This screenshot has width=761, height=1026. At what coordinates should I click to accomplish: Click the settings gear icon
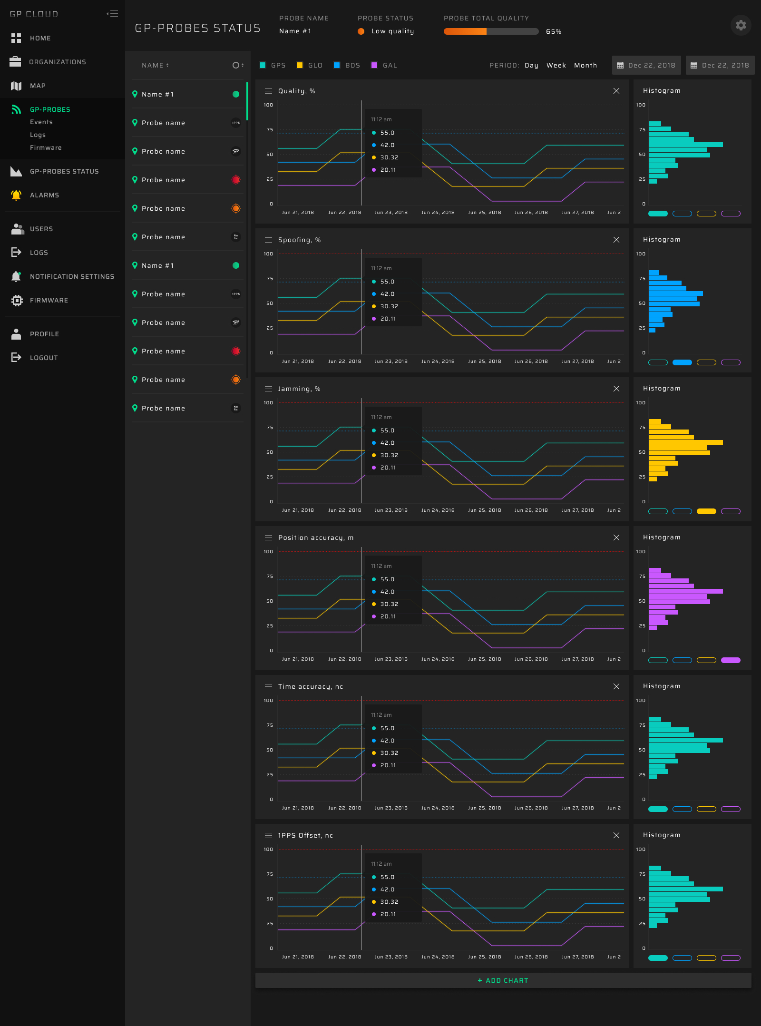coord(741,25)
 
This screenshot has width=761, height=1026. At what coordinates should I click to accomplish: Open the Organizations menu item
coord(57,62)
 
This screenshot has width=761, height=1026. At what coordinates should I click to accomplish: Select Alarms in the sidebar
coord(44,195)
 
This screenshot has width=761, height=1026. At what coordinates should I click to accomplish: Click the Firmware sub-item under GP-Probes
coord(46,147)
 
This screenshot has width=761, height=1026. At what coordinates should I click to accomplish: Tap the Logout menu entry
coord(44,358)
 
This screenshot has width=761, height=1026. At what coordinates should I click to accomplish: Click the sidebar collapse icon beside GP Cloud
coord(113,14)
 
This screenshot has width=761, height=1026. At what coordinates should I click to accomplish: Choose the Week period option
coord(556,65)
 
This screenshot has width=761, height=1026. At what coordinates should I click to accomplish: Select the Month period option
coord(585,65)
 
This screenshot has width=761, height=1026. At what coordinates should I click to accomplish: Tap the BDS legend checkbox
coord(337,65)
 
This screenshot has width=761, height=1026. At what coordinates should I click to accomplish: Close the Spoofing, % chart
coord(616,240)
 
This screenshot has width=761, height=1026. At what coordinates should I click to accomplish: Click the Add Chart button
coord(503,980)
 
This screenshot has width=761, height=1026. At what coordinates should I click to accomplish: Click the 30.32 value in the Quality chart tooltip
coord(389,157)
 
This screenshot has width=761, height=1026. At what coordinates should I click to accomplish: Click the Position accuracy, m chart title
coord(315,537)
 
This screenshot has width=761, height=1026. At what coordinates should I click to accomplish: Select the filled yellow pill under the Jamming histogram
coord(706,511)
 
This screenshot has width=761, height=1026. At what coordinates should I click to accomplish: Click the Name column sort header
coord(155,65)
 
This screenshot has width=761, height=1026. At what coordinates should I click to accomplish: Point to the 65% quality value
coord(553,31)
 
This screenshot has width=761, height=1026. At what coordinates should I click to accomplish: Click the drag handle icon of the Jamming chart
coord(268,389)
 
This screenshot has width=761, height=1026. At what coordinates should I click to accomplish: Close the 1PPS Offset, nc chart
coord(616,835)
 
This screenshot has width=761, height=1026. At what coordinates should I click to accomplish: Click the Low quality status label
coord(392,31)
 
